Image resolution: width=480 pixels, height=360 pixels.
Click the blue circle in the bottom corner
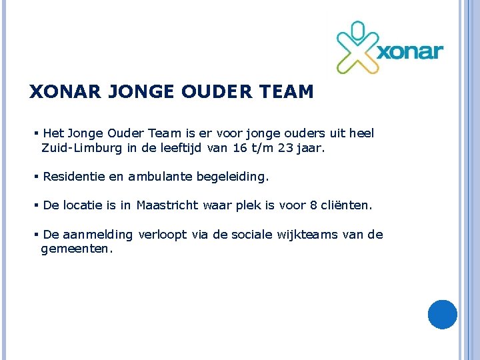(x=442, y=315)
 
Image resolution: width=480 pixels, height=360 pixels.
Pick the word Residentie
(x=69, y=177)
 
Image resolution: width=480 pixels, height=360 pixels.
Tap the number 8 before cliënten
(x=314, y=205)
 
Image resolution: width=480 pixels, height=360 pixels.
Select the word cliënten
(x=347, y=205)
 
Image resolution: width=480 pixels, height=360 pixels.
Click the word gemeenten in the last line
(x=76, y=249)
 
